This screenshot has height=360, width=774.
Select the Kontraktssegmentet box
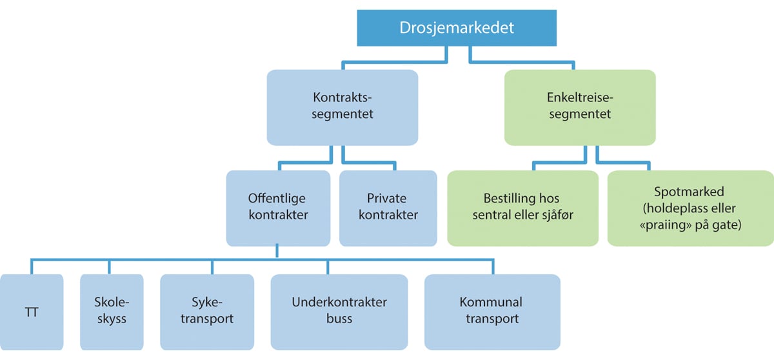coord(342,106)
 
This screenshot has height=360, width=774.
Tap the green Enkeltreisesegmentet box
coord(580,106)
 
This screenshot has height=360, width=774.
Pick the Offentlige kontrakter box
coord(278,207)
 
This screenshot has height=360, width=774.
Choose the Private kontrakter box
coord(387,207)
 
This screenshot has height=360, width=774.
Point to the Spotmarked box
coord(690,207)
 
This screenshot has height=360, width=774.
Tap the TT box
coord(32,311)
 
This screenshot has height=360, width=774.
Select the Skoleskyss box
coord(112,311)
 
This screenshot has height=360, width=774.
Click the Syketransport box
coord(204,311)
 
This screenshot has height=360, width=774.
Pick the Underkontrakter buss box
coord(339,311)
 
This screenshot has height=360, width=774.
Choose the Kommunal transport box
coord(491,311)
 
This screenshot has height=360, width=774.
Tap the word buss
coord(339,319)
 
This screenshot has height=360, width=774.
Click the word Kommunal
coord(491,303)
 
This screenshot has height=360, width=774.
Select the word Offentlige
coord(278,199)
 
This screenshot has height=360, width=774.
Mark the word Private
coord(387,199)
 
